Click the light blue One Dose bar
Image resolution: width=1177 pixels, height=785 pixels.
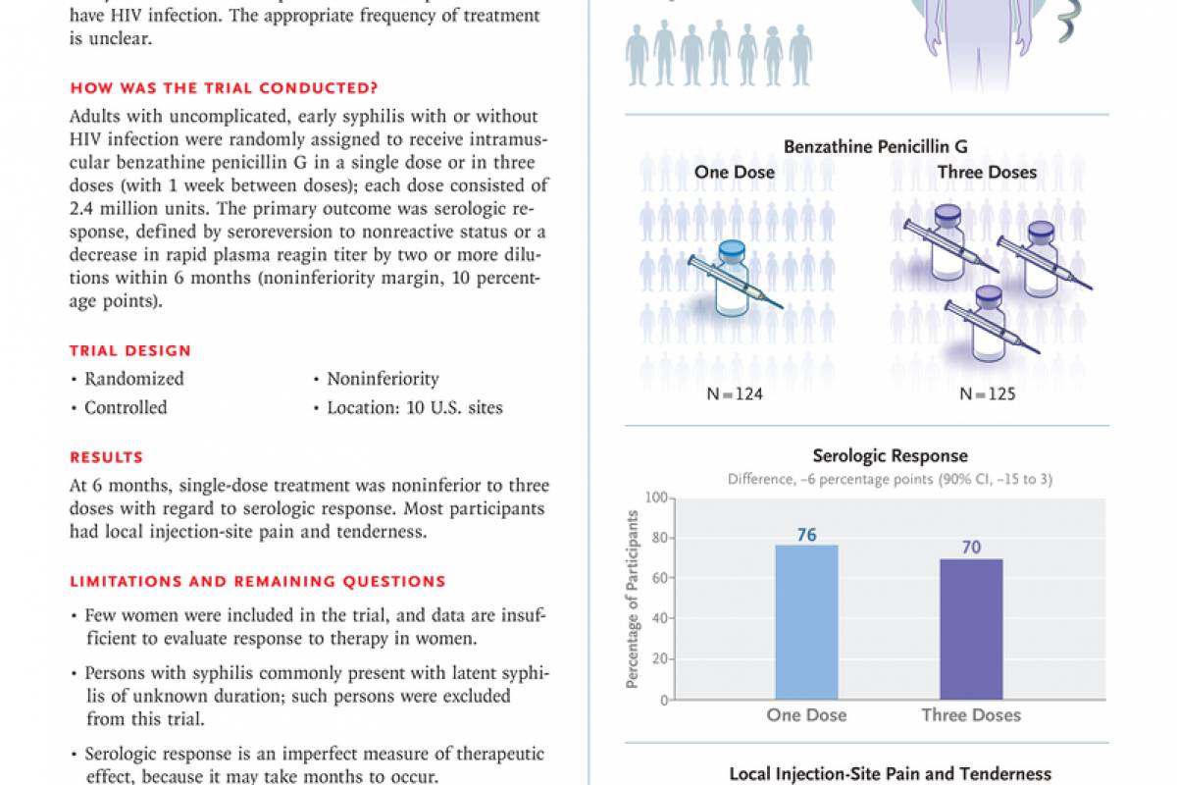pyautogui.click(x=806, y=622)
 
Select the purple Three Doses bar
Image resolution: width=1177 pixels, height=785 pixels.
pyautogui.click(x=971, y=628)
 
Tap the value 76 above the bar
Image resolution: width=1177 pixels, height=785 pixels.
pyautogui.click(x=806, y=534)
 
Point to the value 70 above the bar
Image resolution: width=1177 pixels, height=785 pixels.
pyautogui.click(x=971, y=547)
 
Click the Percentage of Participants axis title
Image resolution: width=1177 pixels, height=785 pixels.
pyautogui.click(x=633, y=600)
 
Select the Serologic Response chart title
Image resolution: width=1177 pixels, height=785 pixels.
pyautogui.click(x=890, y=456)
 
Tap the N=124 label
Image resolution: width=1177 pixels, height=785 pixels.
pyautogui.click(x=735, y=394)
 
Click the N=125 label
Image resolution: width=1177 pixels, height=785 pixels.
pyautogui.click(x=987, y=394)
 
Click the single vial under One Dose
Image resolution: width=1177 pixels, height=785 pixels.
pyautogui.click(x=734, y=281)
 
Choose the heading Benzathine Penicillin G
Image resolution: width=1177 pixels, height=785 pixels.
pyautogui.click(x=875, y=147)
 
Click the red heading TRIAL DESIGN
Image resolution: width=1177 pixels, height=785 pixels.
pyautogui.click(x=130, y=350)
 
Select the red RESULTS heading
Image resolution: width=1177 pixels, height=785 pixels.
pyautogui.click(x=106, y=457)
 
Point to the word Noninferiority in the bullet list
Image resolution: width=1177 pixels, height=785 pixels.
pyautogui.click(x=383, y=379)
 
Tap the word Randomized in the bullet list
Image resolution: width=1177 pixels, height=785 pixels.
pyautogui.click(x=133, y=379)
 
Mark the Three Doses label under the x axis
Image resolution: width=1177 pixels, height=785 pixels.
pyautogui.click(x=971, y=714)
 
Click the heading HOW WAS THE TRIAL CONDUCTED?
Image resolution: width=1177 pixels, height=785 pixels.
pyautogui.click(x=224, y=87)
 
